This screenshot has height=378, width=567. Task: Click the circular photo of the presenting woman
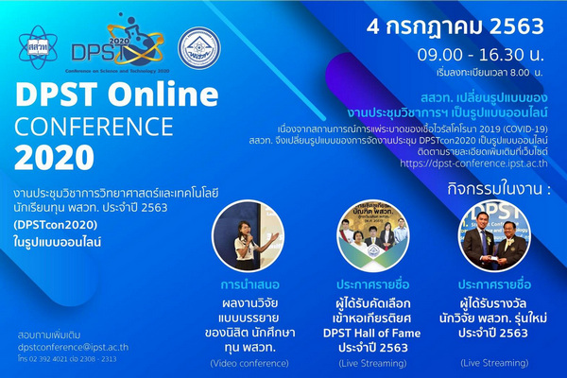click(x=246, y=235)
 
